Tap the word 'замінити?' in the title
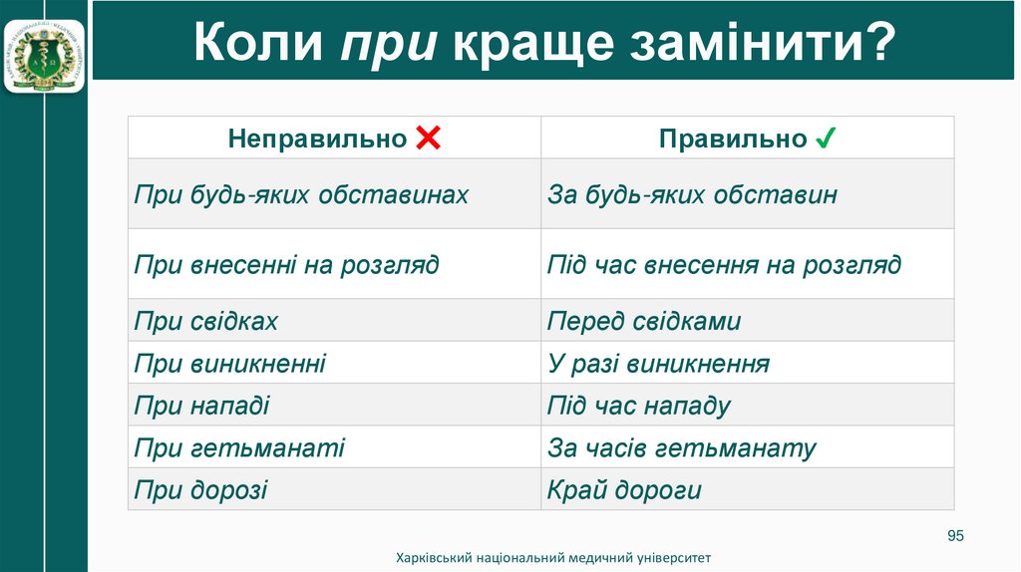point(761,46)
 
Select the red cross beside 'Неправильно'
point(428,139)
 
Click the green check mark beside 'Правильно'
point(826,139)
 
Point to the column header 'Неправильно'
point(317,139)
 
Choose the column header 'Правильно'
point(732,139)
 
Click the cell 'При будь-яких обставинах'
point(301,194)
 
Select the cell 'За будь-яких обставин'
point(692,194)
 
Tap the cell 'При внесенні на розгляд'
point(286,265)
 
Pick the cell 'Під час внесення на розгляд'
point(724,265)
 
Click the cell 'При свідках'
point(206,322)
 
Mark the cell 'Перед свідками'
point(644,322)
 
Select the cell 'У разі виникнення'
point(658,364)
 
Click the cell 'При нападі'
point(202,407)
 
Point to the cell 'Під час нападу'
point(639,407)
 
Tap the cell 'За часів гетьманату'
point(682,448)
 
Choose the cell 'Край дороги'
point(624,490)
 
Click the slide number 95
point(955,537)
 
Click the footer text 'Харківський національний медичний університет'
point(553,558)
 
